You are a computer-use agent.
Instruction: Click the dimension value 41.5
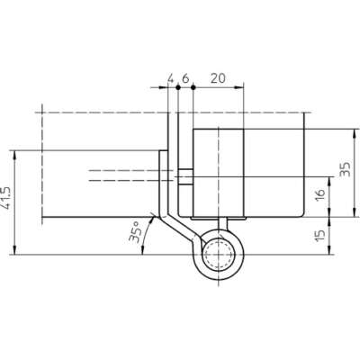pos(6,198)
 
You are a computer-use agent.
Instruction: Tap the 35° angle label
pos(134,232)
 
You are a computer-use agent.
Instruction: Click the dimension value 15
pos(320,235)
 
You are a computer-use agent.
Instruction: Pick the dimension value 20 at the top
pos(218,78)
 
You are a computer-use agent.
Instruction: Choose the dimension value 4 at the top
pos(170,78)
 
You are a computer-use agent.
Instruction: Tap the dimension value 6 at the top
pos(185,78)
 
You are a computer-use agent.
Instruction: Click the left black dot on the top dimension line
pos(178,87)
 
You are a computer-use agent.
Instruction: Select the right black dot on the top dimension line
pos(193,87)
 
